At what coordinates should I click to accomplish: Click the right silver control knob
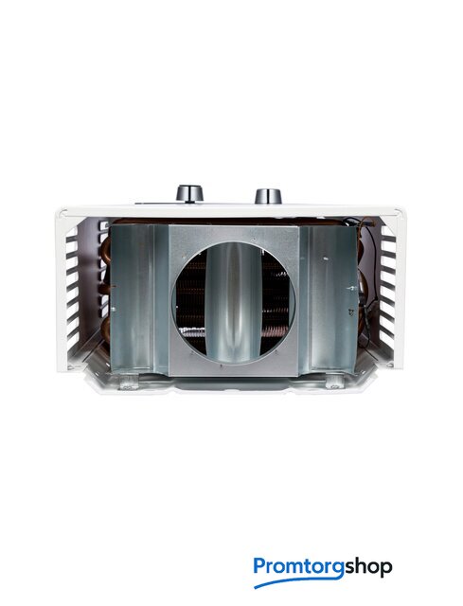tap(268, 196)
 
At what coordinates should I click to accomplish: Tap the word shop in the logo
tap(368, 567)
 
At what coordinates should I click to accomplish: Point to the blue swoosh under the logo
tap(297, 582)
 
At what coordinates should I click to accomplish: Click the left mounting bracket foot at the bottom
tap(129, 383)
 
